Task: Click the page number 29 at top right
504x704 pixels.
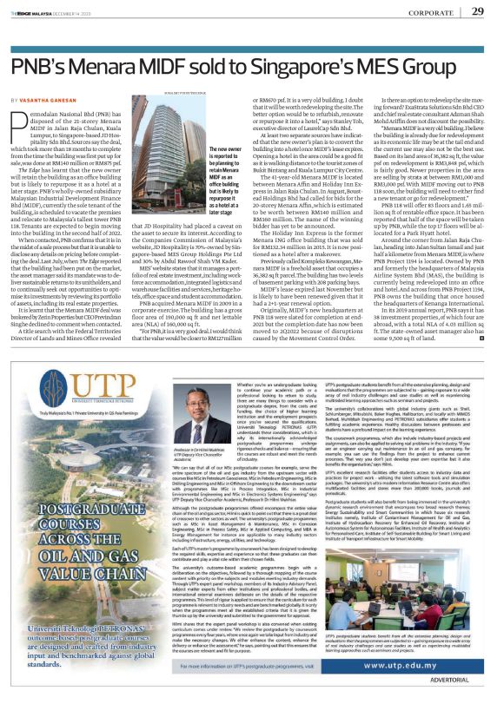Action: [476, 11]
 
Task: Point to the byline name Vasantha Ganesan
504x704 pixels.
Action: [51, 102]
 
